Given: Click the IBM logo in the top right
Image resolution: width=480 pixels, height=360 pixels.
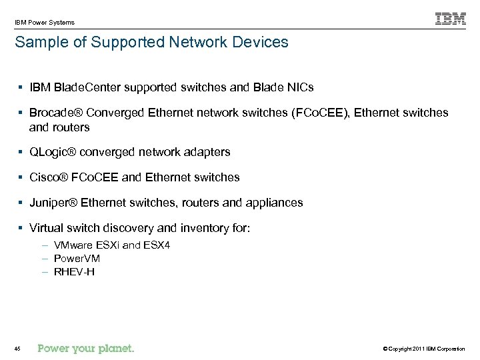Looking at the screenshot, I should coord(451,19).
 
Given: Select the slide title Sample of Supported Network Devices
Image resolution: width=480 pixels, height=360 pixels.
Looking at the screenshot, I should coord(151,43).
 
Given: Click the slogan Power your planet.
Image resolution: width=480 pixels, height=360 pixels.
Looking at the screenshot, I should coord(86,348).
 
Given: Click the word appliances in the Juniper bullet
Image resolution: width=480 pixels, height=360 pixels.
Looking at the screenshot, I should coord(273,203).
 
